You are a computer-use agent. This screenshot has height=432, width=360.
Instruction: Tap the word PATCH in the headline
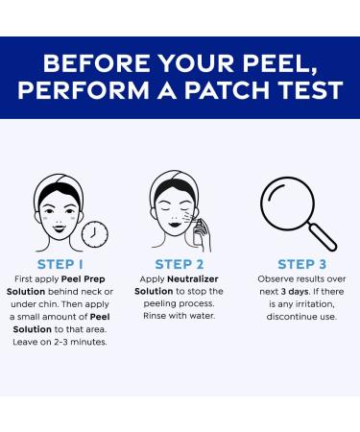point(227,90)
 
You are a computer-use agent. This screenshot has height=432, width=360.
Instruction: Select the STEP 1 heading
point(60,264)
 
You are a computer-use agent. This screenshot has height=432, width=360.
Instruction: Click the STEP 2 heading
point(180,264)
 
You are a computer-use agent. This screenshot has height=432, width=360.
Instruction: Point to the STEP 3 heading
point(301,264)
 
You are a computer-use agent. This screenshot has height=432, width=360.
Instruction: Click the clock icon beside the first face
point(95,234)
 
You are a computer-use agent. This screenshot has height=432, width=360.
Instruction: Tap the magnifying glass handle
point(323,237)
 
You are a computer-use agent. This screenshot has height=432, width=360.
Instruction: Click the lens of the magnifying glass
point(287,204)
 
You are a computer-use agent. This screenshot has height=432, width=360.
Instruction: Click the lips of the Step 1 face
point(60,228)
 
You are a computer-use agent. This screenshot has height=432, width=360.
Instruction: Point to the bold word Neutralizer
point(193,279)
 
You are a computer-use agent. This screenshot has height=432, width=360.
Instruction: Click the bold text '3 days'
point(295,292)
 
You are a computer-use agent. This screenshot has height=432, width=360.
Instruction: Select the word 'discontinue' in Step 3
point(290,317)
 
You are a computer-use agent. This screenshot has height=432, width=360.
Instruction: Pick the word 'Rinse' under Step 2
point(153,316)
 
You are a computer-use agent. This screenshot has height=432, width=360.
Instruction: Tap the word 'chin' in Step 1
point(47,304)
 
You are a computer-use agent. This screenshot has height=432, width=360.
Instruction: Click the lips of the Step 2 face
point(175,224)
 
